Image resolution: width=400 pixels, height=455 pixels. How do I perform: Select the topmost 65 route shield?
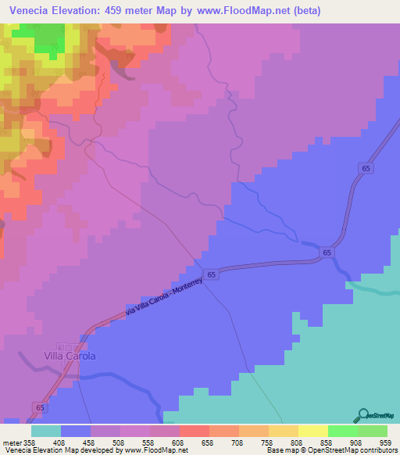(366, 168)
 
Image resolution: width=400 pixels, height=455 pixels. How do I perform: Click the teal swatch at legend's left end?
(46, 431)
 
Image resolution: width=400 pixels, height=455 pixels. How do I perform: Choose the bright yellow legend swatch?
(313, 431)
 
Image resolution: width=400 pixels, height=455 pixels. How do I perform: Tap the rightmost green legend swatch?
(373, 431)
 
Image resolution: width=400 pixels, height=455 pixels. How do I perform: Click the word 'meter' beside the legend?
(10, 442)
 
